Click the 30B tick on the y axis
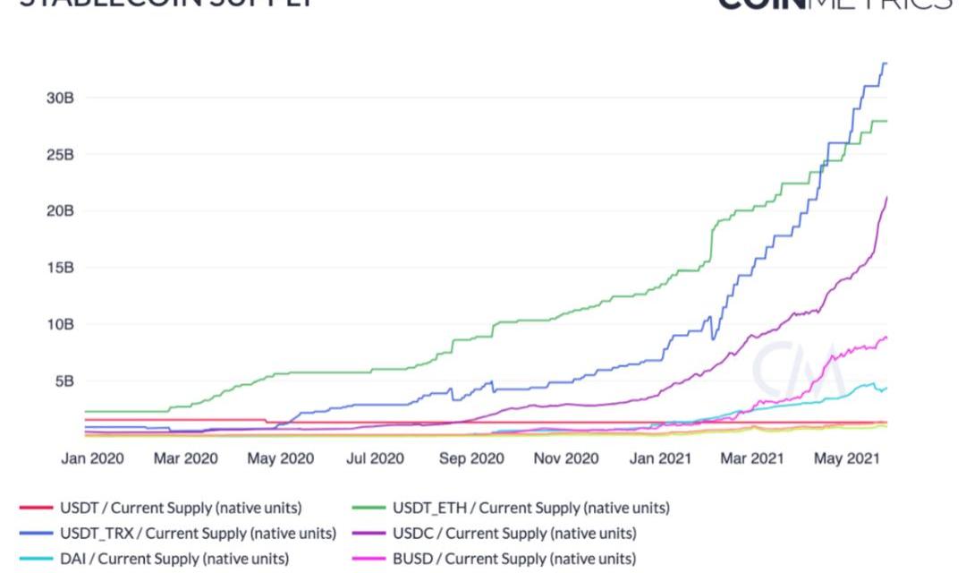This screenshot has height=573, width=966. pyautogui.click(x=60, y=98)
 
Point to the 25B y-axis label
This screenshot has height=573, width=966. pyautogui.click(x=60, y=154)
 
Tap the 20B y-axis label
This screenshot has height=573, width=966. pyautogui.click(x=60, y=210)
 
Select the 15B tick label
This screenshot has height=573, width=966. pyautogui.click(x=60, y=267)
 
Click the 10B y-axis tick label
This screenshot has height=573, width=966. pyautogui.click(x=60, y=323)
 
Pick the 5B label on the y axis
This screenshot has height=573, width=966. pyautogui.click(x=64, y=381)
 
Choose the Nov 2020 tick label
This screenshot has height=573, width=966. pyautogui.click(x=565, y=459)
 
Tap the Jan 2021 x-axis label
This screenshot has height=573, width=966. pyautogui.click(x=661, y=459)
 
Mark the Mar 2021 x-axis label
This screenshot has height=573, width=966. pyautogui.click(x=752, y=459)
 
